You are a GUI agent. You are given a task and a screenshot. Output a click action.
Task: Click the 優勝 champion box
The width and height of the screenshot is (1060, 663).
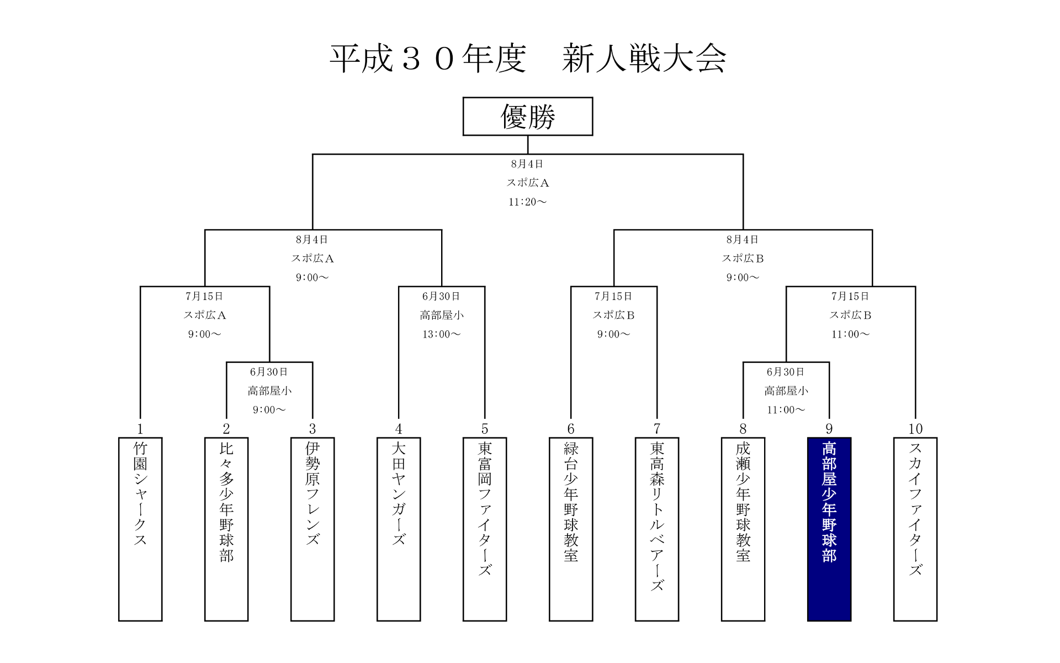tap(527, 117)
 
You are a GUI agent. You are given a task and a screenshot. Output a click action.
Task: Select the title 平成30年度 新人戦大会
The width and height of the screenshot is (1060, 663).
tap(527, 59)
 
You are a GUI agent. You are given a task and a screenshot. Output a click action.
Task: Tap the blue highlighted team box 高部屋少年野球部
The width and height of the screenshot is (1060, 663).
tap(829, 529)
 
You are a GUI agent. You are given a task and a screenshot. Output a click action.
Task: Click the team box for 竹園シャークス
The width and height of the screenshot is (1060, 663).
tap(140, 529)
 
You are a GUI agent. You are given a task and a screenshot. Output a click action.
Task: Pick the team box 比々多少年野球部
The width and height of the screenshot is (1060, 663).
tap(226, 529)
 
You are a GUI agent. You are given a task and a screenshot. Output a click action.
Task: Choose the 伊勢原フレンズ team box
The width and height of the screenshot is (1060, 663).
tap(312, 529)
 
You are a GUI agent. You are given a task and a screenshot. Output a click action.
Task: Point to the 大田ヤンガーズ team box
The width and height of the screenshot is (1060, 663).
tap(399, 529)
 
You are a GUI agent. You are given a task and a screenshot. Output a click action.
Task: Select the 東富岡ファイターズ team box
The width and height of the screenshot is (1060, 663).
tap(485, 529)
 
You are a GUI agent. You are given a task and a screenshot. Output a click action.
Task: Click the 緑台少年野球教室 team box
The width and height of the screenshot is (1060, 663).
tap(571, 529)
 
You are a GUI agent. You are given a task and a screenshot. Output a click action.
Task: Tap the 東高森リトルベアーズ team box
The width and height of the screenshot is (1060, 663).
tap(657, 529)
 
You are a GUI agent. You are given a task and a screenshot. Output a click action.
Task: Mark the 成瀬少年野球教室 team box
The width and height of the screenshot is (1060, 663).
tap(743, 529)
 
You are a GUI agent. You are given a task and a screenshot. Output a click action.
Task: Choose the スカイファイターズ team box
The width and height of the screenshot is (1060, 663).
tap(915, 529)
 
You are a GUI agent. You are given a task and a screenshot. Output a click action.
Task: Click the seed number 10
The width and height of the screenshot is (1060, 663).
tap(915, 429)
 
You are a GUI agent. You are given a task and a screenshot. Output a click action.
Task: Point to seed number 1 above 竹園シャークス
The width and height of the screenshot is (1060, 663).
tap(140, 429)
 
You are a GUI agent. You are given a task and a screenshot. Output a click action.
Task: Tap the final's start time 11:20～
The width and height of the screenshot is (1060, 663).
tap(527, 202)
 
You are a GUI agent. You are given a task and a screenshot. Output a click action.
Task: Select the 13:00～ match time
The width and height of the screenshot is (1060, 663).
tap(441, 334)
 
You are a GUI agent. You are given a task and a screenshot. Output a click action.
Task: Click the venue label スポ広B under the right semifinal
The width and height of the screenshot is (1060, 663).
tap(743, 259)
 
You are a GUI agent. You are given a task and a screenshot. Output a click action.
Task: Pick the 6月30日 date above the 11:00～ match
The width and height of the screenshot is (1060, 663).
tap(786, 372)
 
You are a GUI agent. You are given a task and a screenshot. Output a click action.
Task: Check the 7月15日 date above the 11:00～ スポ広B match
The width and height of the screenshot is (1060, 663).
tap(850, 297)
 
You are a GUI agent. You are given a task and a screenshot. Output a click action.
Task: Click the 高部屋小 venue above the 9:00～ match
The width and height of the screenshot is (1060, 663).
tap(269, 391)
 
